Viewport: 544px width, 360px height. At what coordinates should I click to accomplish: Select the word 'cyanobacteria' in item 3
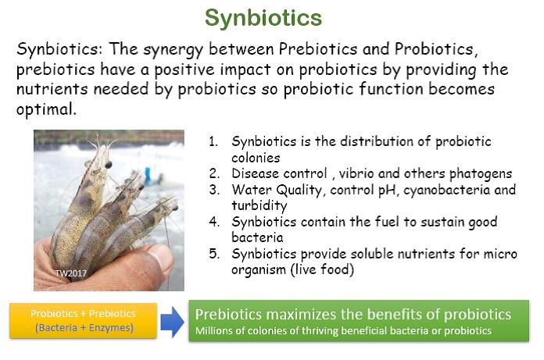(x=453, y=191)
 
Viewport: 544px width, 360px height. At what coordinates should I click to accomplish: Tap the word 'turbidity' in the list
(x=257, y=205)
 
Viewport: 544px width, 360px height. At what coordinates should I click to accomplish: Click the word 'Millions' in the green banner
(x=215, y=331)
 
